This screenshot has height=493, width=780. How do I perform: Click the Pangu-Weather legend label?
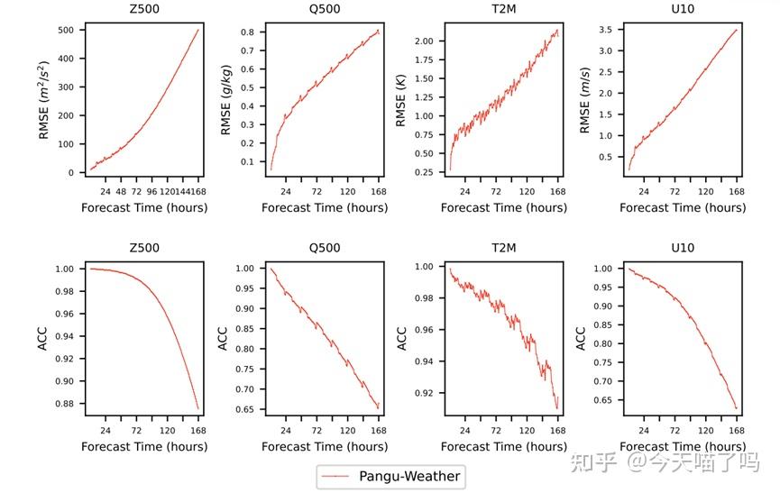(409, 476)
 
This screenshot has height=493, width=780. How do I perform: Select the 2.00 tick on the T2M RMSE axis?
(425, 41)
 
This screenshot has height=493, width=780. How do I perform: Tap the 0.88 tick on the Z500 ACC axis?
(62, 403)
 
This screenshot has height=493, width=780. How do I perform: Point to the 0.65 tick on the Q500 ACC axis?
(244, 410)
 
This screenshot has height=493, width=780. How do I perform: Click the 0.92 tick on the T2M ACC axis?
(425, 394)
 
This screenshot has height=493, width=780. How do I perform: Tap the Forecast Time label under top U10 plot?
(684, 208)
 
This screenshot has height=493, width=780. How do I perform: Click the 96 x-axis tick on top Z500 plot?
(151, 192)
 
